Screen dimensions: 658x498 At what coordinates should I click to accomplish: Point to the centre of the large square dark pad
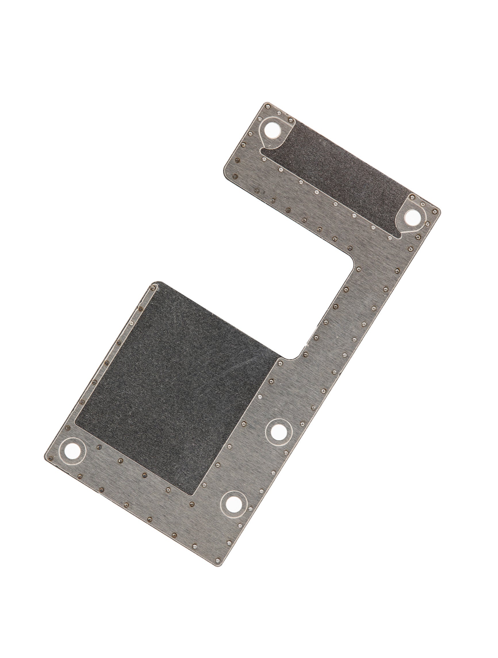click(x=176, y=387)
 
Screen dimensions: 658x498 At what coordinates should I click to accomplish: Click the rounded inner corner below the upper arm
click(x=351, y=261)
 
